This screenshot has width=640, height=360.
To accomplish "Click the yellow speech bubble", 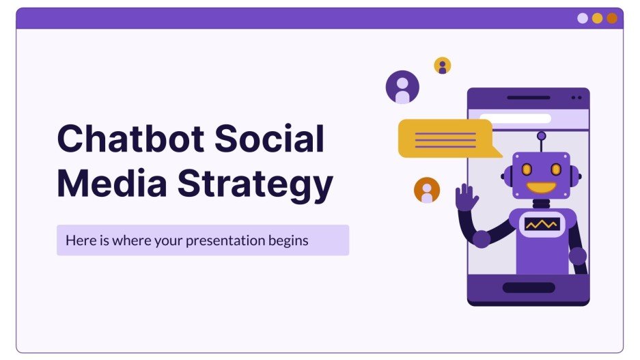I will coord(445,139).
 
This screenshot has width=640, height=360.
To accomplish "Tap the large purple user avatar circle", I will coord(402,87).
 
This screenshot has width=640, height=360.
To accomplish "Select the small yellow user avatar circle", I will coord(443,66).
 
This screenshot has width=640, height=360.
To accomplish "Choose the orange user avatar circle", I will coord(427,190).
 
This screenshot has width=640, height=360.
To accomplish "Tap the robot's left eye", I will coord(527,168).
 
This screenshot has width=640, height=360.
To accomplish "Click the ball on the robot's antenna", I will coord(541,136).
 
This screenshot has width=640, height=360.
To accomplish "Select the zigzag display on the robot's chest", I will coord(541,223).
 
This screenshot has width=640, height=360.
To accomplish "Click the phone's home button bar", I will coord(529,287).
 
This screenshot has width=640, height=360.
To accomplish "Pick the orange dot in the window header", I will coord(612,18).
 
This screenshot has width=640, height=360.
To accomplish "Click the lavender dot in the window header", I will coord(583,18).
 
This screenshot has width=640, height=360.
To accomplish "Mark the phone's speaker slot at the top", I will coord(528,98).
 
